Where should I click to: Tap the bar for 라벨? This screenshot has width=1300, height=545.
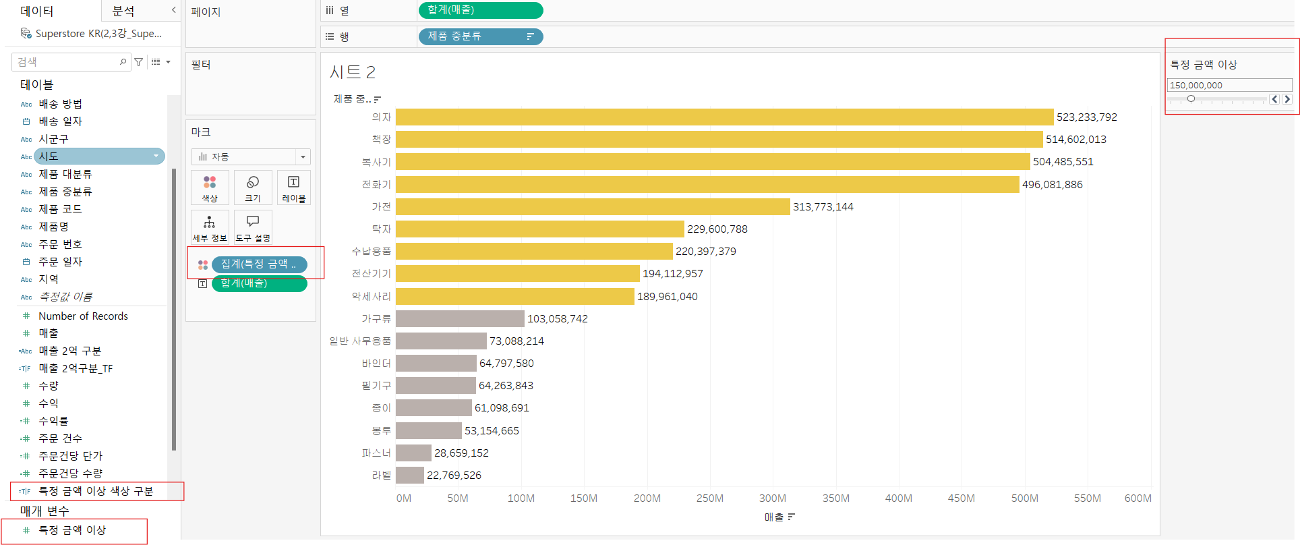(x=410, y=475)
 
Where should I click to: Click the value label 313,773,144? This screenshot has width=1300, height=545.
(x=823, y=207)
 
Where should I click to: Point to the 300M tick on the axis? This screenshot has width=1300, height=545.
(x=772, y=498)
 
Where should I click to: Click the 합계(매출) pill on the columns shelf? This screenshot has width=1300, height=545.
(x=480, y=10)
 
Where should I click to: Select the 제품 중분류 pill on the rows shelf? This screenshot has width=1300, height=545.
(x=480, y=36)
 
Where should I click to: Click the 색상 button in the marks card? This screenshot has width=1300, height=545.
(x=210, y=188)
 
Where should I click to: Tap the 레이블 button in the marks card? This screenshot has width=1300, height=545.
(x=293, y=188)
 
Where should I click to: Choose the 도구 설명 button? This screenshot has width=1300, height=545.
(x=253, y=227)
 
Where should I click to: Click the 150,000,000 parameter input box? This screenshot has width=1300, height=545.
(x=1229, y=85)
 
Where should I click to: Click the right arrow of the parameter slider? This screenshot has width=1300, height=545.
(x=1287, y=99)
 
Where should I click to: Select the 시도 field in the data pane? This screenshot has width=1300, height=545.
(x=98, y=156)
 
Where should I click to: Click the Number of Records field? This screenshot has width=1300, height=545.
(x=83, y=316)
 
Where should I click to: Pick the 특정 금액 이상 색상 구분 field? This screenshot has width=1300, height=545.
(x=96, y=491)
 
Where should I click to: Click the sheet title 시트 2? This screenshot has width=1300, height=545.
(x=352, y=72)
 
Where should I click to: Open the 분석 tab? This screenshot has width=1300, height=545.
(x=123, y=11)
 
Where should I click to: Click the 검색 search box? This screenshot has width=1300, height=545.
(x=67, y=62)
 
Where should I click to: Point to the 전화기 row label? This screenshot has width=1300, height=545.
(x=376, y=184)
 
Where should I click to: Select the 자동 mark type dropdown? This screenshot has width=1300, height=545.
(x=250, y=157)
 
